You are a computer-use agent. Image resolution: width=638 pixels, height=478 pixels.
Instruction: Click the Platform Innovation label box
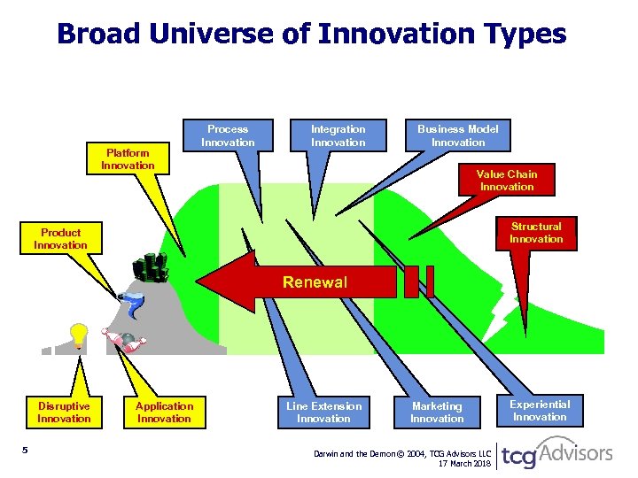(x=128, y=159)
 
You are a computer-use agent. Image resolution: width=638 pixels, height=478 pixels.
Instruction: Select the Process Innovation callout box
(x=228, y=135)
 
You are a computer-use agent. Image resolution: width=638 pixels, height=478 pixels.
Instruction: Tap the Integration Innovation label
(x=338, y=135)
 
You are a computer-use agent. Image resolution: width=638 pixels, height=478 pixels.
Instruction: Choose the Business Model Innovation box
(x=458, y=135)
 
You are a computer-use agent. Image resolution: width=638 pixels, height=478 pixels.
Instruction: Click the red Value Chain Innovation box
(x=507, y=180)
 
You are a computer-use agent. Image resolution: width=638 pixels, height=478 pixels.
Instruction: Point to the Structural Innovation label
(x=536, y=233)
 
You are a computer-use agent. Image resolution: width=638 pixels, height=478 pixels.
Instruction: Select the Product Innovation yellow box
(x=60, y=239)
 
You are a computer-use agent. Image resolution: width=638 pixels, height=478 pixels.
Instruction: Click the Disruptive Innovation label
(x=64, y=412)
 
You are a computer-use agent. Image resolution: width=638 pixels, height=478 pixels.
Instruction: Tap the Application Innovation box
(x=164, y=412)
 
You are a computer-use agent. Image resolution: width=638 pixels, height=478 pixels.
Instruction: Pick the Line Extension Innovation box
(x=323, y=412)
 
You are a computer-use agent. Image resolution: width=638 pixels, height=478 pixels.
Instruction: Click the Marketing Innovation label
(x=437, y=412)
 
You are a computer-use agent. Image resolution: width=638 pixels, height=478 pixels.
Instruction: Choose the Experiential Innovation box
(x=540, y=411)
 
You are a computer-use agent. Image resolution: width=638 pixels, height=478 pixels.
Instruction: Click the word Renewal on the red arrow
(x=315, y=283)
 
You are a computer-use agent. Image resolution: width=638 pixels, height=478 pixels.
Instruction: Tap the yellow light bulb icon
(x=79, y=335)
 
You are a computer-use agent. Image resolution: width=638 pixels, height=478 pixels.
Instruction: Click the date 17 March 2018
(x=464, y=463)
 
